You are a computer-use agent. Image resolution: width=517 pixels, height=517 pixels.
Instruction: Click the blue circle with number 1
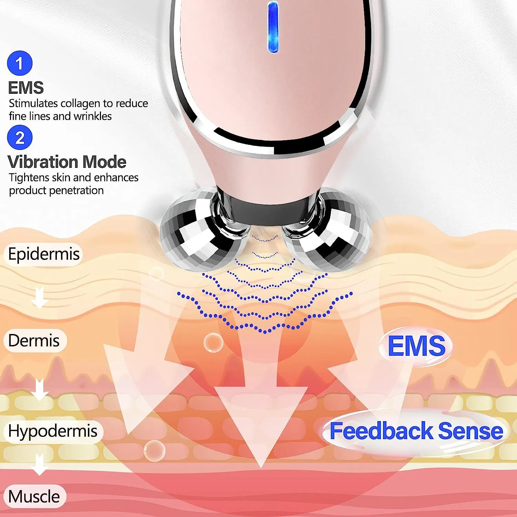[20, 63]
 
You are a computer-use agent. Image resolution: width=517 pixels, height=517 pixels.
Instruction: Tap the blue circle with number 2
[20, 138]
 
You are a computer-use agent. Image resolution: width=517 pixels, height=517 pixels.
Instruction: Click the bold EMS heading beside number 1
[26, 88]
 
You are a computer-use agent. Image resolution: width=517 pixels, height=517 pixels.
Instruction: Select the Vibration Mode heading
[67, 162]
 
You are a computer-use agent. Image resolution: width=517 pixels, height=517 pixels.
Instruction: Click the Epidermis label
[44, 254]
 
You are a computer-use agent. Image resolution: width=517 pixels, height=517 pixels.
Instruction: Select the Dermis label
[34, 341]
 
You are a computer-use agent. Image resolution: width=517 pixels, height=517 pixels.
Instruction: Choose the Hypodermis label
[53, 431]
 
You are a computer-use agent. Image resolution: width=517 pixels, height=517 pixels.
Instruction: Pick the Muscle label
[34, 497]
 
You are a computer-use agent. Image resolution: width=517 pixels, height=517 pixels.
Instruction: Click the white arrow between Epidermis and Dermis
[39, 297]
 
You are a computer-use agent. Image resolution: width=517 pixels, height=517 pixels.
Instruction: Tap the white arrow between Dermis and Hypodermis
[40, 389]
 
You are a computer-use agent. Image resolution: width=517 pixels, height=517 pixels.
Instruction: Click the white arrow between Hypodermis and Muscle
[40, 464]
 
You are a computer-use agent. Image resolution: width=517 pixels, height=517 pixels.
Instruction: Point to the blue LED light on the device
[273, 27]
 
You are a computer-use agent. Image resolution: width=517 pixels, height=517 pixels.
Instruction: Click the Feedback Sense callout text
[416, 431]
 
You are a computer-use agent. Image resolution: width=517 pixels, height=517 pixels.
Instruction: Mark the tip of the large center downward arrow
[261, 467]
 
